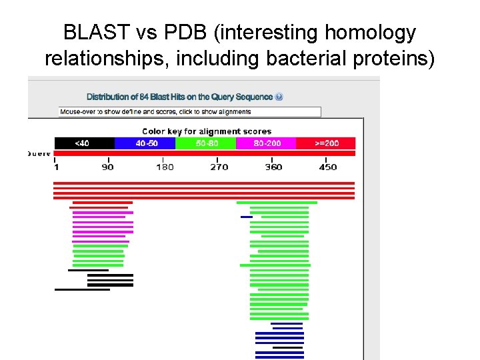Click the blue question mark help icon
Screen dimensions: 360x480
click(x=279, y=97)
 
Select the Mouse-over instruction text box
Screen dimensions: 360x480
click(x=190, y=112)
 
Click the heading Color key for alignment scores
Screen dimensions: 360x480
click(x=207, y=131)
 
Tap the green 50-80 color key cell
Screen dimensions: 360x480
click(x=206, y=143)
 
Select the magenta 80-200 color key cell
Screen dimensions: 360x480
click(x=265, y=143)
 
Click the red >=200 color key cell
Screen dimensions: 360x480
click(x=326, y=143)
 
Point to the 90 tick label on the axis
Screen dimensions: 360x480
click(x=107, y=167)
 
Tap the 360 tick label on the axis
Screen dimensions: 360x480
click(x=273, y=167)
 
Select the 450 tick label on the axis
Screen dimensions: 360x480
click(x=327, y=167)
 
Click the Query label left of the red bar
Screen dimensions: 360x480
click(x=39, y=153)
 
